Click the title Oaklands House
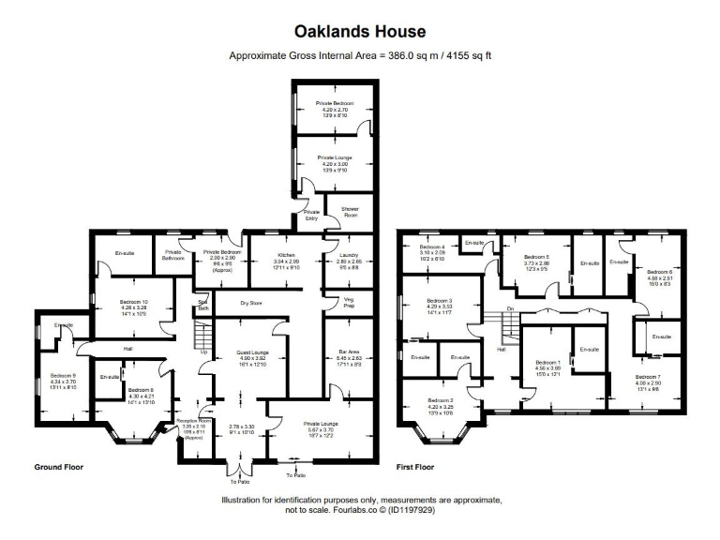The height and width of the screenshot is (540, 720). click(360, 32)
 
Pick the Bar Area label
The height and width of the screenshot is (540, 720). click(348, 352)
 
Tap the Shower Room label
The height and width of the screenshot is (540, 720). click(337, 211)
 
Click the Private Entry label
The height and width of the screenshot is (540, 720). click(310, 215)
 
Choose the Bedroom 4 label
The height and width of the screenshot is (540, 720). click(432, 248)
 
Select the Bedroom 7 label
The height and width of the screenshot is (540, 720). click(646, 376)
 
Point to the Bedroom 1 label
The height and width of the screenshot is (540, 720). click(547, 362)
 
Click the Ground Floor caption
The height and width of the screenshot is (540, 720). click(62, 466)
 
